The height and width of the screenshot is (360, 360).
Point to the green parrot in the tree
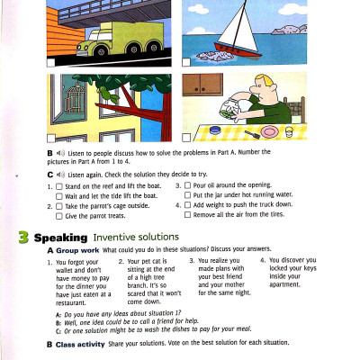tap(108, 93)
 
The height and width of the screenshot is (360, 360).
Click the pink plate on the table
tap(270, 132)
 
